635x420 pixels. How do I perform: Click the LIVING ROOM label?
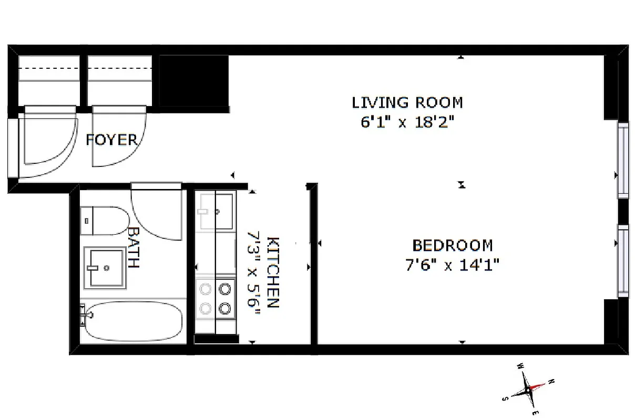(407, 102)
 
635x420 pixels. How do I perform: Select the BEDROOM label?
(452, 245)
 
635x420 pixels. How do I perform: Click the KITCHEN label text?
(273, 272)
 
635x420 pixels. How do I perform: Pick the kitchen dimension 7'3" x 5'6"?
(254, 272)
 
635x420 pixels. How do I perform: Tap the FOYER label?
(111, 140)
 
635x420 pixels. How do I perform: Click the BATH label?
(134, 247)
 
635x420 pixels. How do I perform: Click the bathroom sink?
(107, 268)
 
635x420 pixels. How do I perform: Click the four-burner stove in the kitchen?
(216, 298)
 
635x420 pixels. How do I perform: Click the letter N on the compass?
(551, 382)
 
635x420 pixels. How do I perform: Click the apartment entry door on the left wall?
(13, 148)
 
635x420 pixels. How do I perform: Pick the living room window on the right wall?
(623, 160)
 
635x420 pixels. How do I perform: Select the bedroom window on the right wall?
(623, 260)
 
